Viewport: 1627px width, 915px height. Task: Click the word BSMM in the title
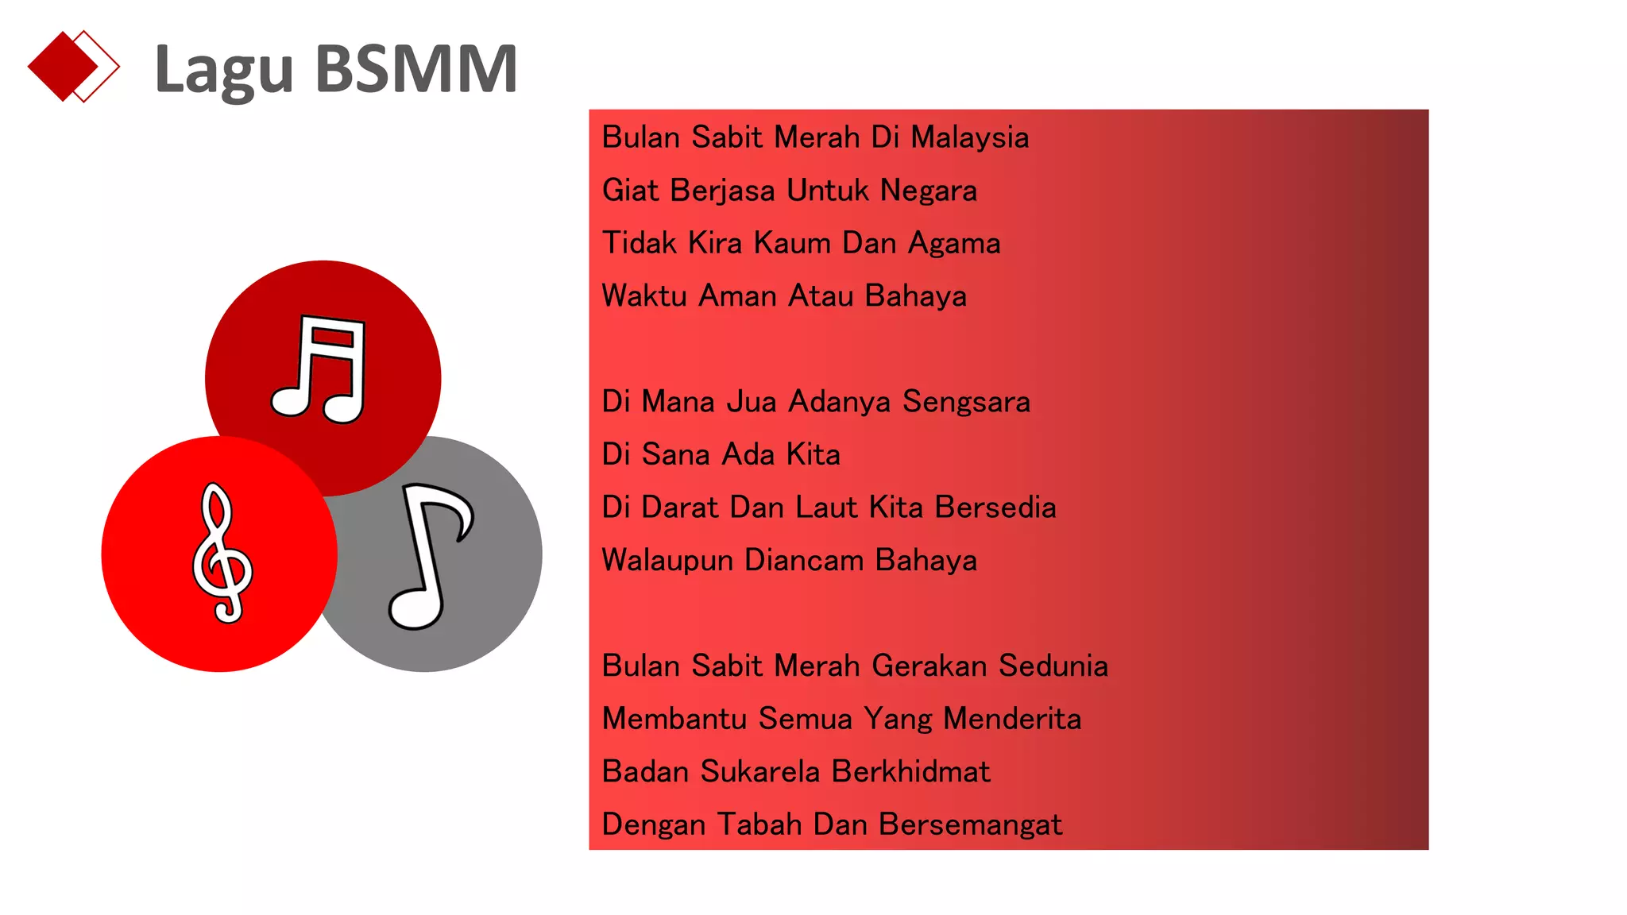416,69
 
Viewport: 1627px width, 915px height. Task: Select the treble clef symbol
222,553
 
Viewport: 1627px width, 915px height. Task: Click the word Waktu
644,296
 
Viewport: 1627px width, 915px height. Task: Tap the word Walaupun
667,561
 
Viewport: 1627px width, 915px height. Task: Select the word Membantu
674,719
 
